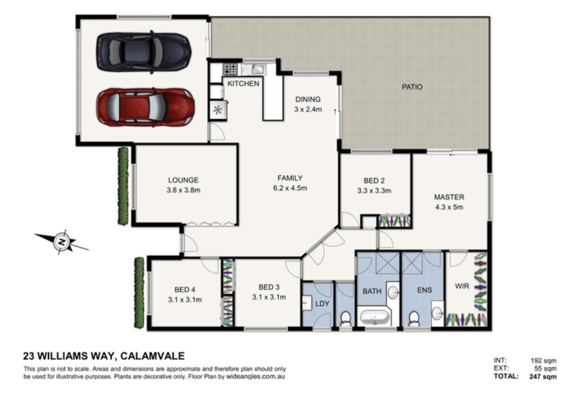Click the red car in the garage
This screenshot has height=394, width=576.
pos(145,107)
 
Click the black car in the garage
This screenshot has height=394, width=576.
pos(144,52)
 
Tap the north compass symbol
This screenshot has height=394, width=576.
pos(62,242)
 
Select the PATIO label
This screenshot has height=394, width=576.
pos(412,87)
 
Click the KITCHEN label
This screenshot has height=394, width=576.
pos(243,84)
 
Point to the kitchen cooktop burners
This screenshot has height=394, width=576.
pos(230,68)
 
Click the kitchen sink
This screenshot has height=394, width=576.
pos(256,68)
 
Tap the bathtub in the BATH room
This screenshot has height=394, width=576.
pos(375,317)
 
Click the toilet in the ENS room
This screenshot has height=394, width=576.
pos(414,318)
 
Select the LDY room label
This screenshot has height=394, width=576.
pos(322,304)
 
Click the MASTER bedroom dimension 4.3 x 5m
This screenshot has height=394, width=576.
pos(449,207)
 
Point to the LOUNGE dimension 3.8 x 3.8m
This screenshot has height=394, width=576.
pos(183,190)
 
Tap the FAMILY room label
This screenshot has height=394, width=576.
pos(290,178)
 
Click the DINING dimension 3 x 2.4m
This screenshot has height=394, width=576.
pos(308,109)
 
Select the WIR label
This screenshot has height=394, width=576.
pos(462,286)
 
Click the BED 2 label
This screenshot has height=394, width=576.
pos(374,180)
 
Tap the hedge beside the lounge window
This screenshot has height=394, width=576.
pos(123,186)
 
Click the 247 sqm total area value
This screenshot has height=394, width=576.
pos(543,377)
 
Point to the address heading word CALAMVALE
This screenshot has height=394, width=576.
pos(153,356)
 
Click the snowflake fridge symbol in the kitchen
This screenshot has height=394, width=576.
pos(218,110)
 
